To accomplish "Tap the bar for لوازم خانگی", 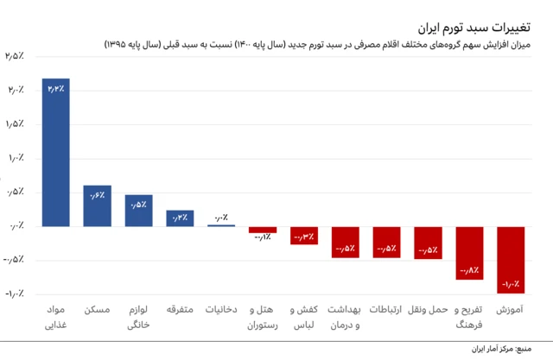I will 138,211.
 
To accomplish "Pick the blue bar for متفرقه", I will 180,218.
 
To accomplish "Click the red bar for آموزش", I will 511,260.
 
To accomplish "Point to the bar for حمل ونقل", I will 428,243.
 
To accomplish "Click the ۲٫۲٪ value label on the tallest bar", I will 56,88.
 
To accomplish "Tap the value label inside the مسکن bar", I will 97,195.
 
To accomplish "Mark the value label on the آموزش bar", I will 511,283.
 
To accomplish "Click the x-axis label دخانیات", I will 221,309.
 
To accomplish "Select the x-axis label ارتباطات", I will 386,309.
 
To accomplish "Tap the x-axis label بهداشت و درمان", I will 345,317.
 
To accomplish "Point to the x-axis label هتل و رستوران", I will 263,317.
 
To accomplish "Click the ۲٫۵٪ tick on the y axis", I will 15,57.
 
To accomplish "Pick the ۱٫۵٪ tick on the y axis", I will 15,124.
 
